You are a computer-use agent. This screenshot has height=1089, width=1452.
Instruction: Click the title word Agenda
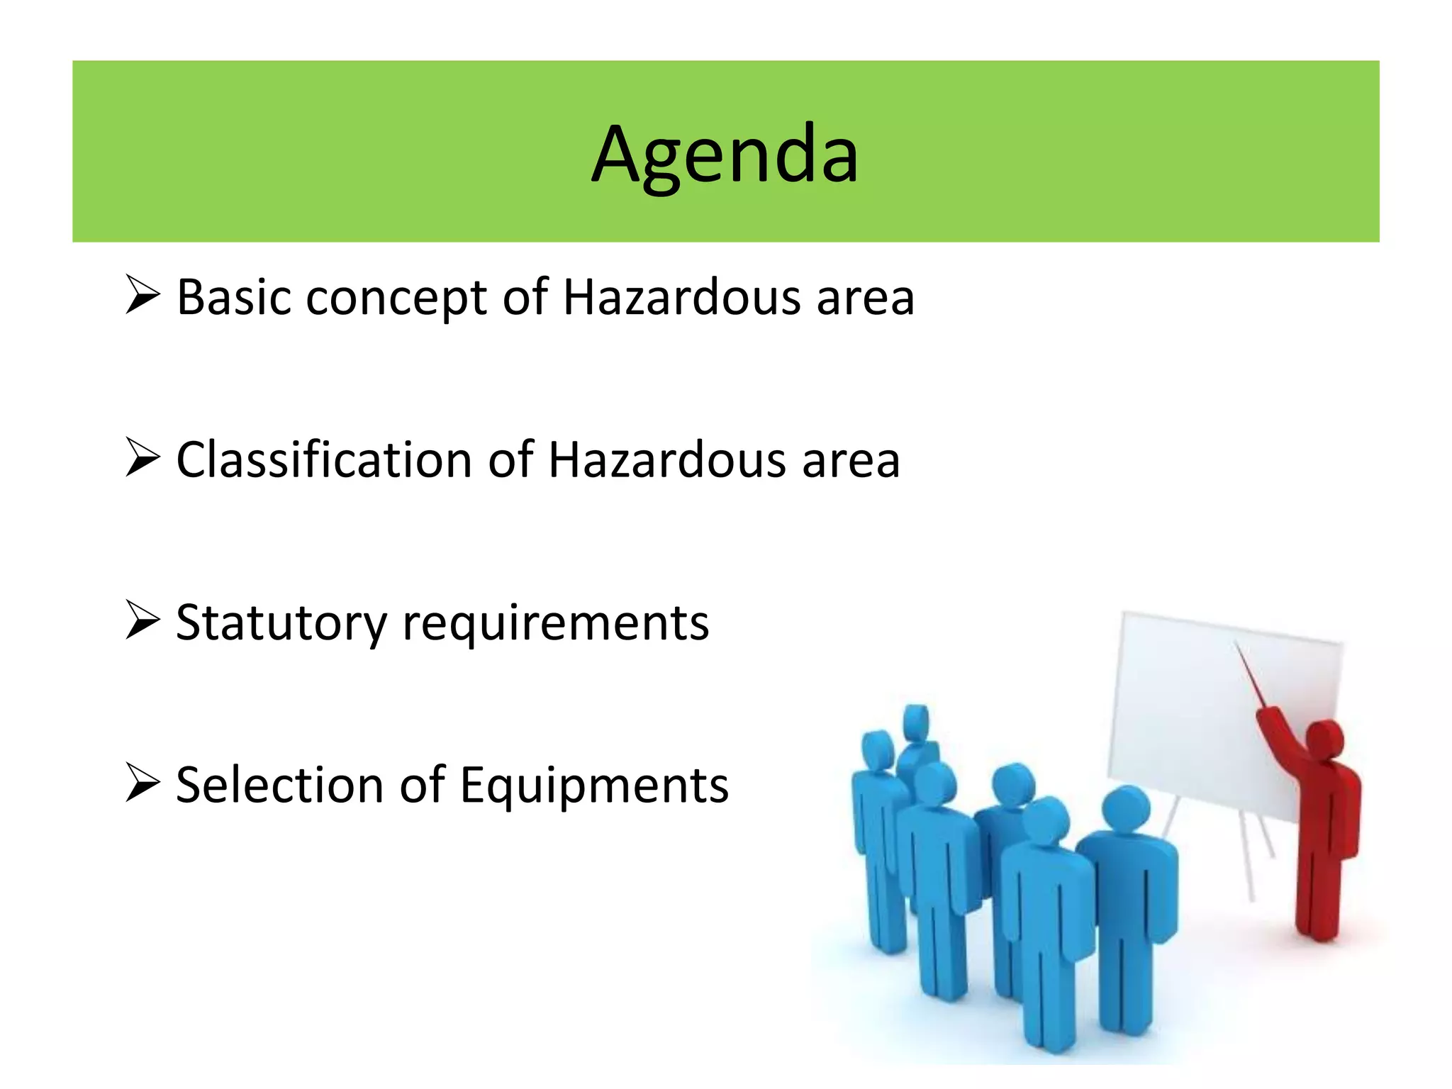(725, 155)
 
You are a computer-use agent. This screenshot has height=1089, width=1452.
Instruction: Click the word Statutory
(281, 623)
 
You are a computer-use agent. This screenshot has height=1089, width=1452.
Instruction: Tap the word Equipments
(594, 786)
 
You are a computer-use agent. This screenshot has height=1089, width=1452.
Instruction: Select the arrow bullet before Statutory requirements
(143, 619)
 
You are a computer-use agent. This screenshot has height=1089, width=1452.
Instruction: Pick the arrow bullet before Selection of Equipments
(143, 782)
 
